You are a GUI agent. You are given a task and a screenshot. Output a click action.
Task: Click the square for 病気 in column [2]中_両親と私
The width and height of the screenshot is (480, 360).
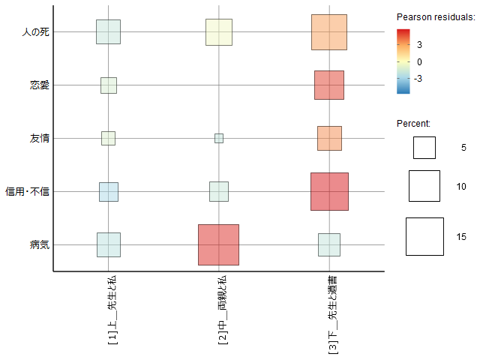click(x=218, y=244)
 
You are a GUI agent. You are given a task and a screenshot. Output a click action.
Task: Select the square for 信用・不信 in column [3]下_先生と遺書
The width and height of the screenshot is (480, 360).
click(x=329, y=191)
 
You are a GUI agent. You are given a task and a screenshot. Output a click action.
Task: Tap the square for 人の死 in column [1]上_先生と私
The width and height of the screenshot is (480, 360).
click(x=108, y=31)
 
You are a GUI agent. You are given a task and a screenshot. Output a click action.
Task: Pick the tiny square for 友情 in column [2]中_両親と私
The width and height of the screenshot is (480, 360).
click(x=219, y=138)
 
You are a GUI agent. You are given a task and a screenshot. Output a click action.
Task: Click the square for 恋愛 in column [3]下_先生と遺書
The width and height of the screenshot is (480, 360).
click(x=329, y=85)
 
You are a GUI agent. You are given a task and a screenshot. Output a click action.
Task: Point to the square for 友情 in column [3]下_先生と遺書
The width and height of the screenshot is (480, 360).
click(x=329, y=138)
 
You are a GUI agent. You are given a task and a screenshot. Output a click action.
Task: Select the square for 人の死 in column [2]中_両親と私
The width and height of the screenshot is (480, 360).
click(x=219, y=31)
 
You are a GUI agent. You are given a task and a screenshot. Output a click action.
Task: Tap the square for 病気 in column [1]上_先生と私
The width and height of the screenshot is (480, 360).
click(x=109, y=244)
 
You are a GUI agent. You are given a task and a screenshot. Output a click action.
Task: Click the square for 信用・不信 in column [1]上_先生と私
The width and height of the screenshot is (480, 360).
click(x=109, y=191)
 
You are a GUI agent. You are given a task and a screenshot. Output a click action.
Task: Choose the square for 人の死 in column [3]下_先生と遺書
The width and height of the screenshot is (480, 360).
click(x=329, y=31)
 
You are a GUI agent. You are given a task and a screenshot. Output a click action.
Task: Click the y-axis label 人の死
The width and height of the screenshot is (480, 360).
click(x=36, y=32)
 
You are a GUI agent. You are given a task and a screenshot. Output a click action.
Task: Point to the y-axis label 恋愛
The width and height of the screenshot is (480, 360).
click(x=40, y=85)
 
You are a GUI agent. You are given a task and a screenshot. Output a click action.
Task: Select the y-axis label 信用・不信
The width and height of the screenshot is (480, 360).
click(x=28, y=192)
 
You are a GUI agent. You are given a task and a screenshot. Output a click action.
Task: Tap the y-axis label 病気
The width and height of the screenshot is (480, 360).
click(x=40, y=245)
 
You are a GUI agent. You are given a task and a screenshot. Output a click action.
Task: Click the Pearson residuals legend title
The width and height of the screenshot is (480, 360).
click(x=436, y=16)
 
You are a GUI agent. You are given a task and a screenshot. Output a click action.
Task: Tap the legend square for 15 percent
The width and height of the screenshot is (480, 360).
click(x=425, y=236)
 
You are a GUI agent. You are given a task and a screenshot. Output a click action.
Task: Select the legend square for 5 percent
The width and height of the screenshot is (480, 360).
click(x=424, y=148)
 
